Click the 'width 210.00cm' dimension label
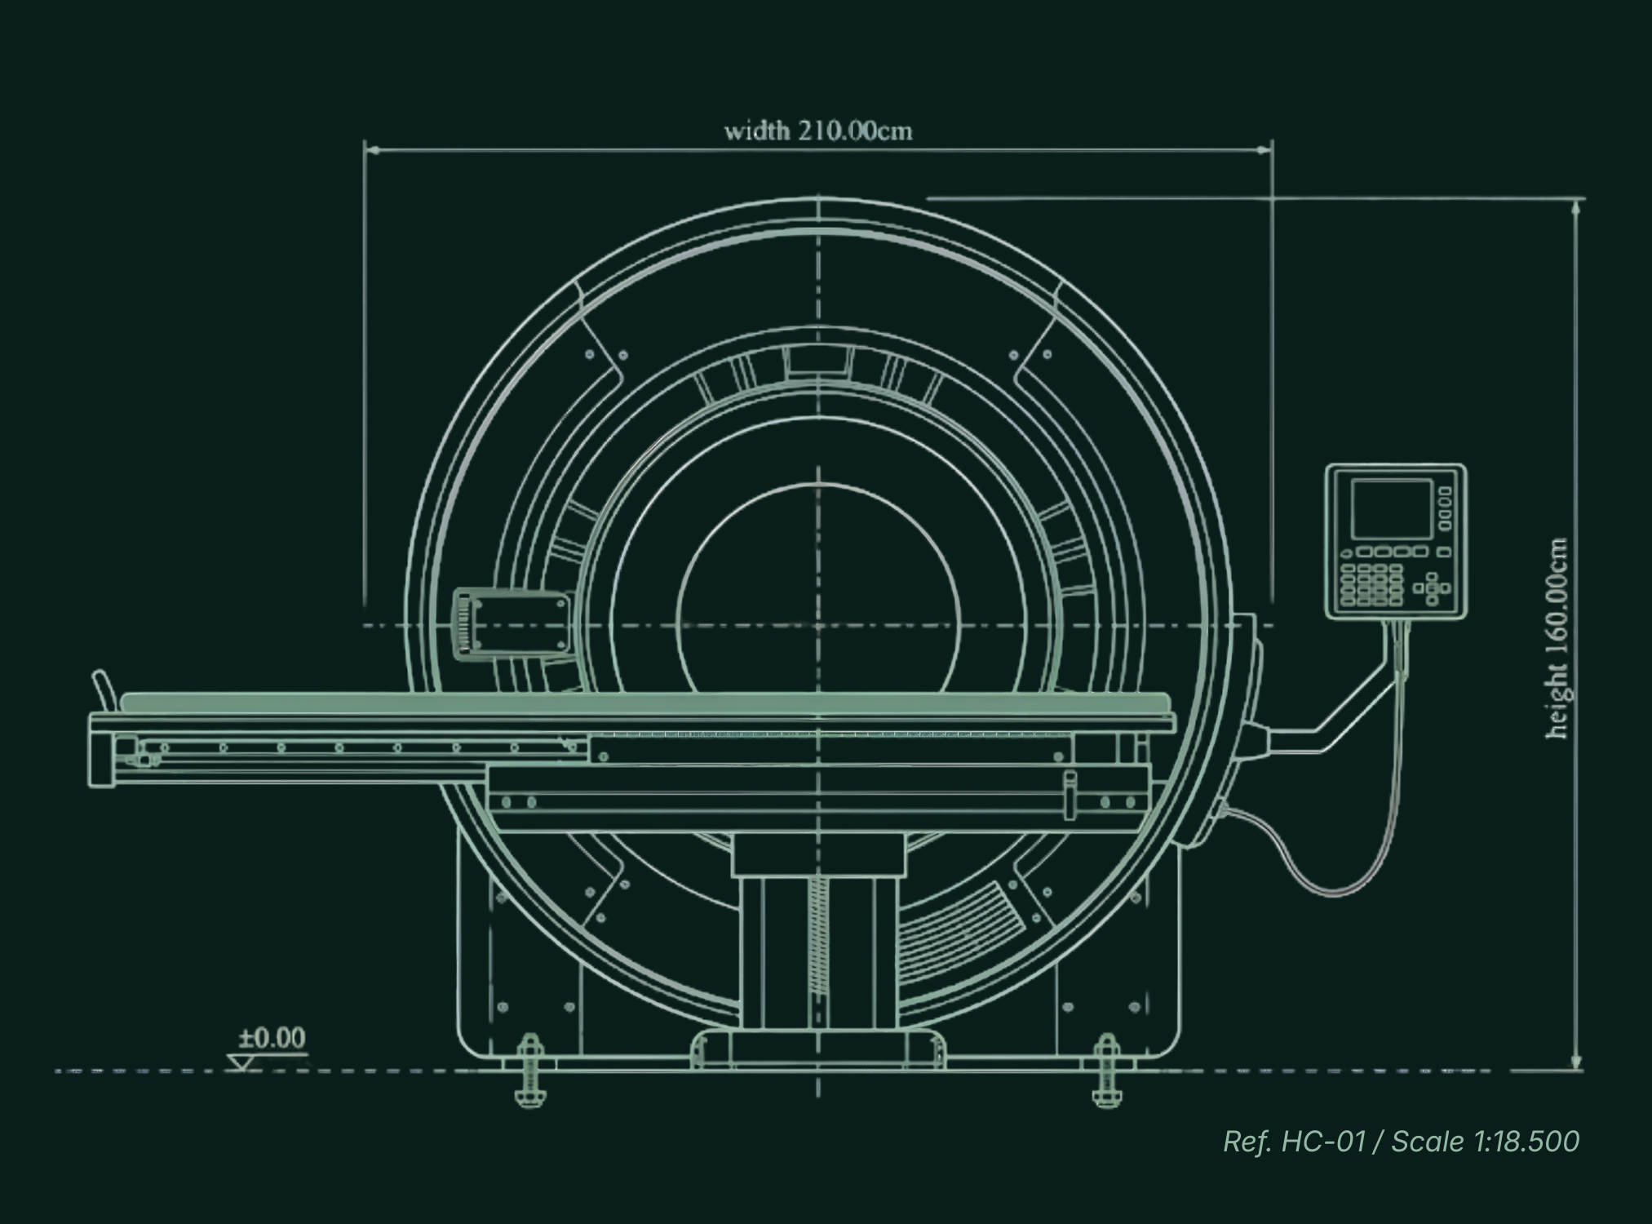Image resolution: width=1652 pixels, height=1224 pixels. tap(818, 131)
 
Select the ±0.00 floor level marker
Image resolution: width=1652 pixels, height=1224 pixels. tap(272, 1038)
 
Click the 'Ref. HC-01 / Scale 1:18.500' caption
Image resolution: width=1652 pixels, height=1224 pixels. tap(1402, 1141)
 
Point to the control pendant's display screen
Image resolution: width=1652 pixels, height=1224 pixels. tap(1392, 509)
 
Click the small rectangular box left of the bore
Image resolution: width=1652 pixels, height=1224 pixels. tap(512, 622)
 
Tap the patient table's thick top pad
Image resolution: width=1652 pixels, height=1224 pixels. tap(644, 702)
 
